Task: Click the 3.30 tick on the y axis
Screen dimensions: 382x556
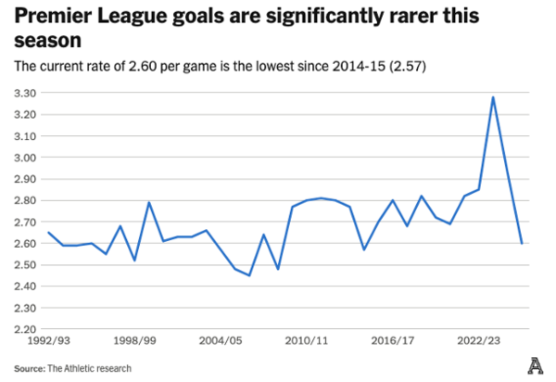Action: [x=26, y=93]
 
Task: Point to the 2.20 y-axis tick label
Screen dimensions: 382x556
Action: [x=26, y=329]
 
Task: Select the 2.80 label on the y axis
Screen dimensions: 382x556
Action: [x=26, y=200]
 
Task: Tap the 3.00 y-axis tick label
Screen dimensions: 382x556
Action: [x=26, y=158]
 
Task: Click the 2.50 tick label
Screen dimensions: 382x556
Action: [x=26, y=264]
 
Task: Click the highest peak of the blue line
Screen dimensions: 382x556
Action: [x=493, y=97]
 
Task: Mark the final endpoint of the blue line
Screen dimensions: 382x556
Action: [x=522, y=243]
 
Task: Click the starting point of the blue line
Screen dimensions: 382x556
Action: [x=48, y=233]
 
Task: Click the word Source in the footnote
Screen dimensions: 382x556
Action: [x=30, y=368]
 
